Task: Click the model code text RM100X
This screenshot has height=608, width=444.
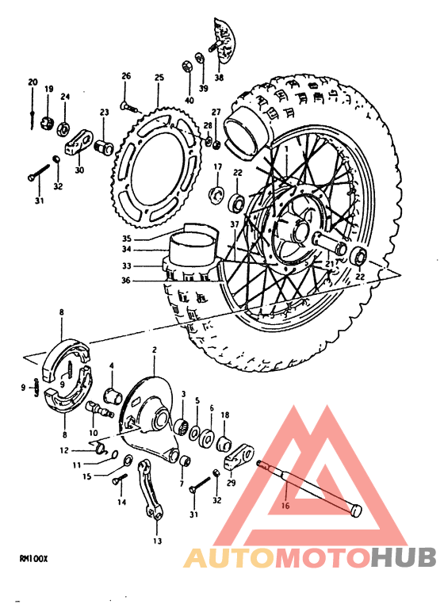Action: point(33,557)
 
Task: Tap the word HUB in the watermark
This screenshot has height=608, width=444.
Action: point(402,557)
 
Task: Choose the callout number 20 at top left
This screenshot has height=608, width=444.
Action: point(33,82)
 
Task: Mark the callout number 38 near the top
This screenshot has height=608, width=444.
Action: point(219,78)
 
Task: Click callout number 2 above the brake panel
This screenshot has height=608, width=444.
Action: point(155,350)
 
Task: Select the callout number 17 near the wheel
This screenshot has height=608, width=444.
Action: point(216,166)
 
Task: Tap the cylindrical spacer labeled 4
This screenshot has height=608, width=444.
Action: point(113,395)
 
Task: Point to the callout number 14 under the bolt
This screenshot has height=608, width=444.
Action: point(122,503)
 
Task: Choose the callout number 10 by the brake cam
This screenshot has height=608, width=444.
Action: point(94,433)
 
